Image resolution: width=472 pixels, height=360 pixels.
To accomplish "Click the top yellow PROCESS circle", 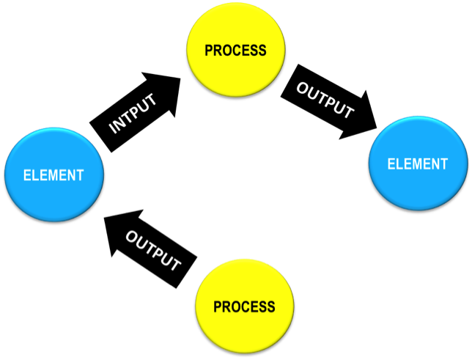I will click(x=235, y=50).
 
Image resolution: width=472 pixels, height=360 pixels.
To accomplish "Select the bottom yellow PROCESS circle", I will click(x=245, y=306).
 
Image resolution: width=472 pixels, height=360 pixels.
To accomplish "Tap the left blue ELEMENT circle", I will click(x=54, y=175).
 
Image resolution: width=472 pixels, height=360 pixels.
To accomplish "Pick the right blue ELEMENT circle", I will click(x=417, y=164).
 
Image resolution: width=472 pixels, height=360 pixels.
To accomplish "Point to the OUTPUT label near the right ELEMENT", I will click(x=325, y=100).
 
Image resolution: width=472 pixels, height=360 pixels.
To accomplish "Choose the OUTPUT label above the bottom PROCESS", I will click(x=153, y=251).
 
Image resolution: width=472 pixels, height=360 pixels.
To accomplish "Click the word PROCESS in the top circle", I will click(x=235, y=51).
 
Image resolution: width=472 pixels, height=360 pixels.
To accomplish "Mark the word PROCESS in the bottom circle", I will click(x=245, y=306).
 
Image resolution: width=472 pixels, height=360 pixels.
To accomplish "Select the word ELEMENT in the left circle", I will click(x=54, y=175).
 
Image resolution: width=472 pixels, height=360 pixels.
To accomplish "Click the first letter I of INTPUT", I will click(x=113, y=131).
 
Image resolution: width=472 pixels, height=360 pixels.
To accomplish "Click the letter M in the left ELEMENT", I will click(x=54, y=175).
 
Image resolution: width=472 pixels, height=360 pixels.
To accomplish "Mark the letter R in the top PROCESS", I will click(x=218, y=51).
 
